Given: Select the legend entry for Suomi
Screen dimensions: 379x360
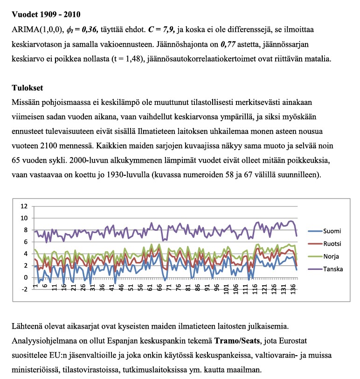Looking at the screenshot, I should coord(332,231).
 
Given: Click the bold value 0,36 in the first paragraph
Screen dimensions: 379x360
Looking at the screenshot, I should coord(87,29).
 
